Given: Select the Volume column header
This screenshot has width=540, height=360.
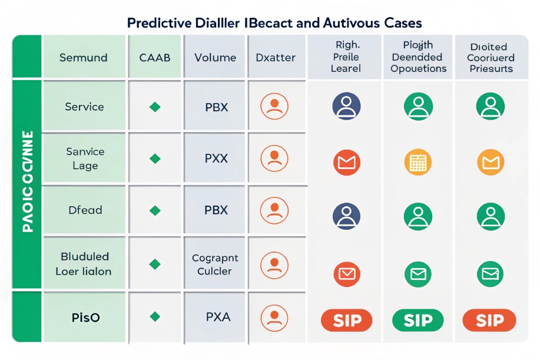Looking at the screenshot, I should (x=215, y=58).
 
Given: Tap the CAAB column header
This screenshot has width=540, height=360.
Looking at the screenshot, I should (x=155, y=58).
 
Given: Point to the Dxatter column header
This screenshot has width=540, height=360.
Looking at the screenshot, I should (x=274, y=58).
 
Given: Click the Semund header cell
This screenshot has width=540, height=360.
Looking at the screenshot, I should (x=84, y=58).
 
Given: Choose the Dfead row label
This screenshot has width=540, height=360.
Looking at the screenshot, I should (x=85, y=210).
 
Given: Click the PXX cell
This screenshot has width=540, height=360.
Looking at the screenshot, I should (x=216, y=158).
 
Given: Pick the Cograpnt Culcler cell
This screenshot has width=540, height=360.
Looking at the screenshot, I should (x=215, y=265).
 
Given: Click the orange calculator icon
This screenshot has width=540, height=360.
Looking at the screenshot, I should (x=418, y=162).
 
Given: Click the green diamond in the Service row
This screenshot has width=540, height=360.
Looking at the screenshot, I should (x=155, y=107).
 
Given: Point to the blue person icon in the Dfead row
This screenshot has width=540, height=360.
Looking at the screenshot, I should (x=346, y=215).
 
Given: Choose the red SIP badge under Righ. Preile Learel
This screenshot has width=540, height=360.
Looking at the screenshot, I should (x=346, y=321).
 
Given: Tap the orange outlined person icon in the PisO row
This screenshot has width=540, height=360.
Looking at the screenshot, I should (x=274, y=317).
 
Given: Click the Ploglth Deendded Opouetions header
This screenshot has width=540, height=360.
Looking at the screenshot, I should (x=418, y=57).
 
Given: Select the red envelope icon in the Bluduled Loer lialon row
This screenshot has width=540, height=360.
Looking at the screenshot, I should (x=346, y=272).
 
